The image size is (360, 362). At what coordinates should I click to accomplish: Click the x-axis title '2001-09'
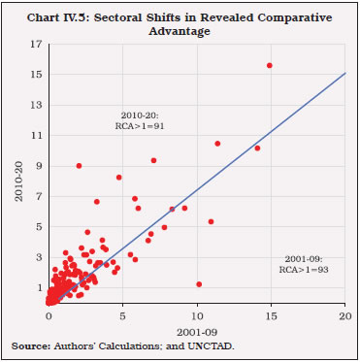197,332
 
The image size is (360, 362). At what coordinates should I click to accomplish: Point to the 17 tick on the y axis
38,44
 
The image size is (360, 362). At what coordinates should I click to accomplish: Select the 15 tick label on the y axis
38,74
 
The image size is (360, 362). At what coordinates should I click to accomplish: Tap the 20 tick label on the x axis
345,316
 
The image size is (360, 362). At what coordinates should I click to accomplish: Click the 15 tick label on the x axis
271,316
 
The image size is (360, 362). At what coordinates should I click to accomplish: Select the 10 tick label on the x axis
197,316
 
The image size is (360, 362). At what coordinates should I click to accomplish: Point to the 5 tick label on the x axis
123,316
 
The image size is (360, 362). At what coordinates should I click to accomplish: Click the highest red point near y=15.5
270,65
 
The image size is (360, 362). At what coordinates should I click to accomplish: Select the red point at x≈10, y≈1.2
199,284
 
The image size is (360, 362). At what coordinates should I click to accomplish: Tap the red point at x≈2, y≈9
80,165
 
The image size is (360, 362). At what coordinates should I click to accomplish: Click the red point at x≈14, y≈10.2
257,148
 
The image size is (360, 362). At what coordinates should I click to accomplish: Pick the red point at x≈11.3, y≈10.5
217,143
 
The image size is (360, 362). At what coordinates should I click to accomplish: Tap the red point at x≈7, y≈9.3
153,160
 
